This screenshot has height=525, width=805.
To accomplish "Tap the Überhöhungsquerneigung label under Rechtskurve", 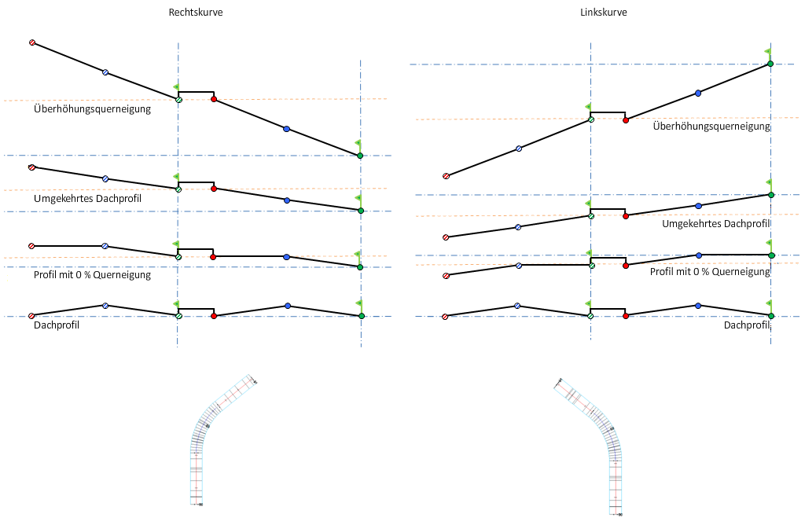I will [x=92, y=109].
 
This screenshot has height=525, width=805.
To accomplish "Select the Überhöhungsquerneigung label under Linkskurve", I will [x=711, y=127].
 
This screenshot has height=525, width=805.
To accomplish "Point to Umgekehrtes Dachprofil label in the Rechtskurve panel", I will [x=87, y=199].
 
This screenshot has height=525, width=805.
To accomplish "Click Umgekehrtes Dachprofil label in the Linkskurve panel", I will [x=716, y=224].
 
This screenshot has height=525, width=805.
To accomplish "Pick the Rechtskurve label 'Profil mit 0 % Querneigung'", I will [x=92, y=275].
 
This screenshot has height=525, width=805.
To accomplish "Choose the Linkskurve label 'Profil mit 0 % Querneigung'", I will [x=710, y=271].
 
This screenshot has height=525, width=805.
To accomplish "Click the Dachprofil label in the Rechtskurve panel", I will [x=57, y=324].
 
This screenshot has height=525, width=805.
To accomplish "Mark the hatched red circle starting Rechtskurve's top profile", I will [x=32, y=42].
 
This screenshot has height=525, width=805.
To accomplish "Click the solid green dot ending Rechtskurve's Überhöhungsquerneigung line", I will [x=360, y=156].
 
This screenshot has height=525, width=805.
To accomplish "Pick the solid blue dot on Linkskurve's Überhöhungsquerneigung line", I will [x=698, y=94].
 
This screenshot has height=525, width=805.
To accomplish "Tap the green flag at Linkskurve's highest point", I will [x=768, y=52].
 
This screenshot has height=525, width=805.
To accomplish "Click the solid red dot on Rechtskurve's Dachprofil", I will [x=214, y=316].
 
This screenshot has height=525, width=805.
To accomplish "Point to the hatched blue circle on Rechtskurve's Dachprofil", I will [x=105, y=306].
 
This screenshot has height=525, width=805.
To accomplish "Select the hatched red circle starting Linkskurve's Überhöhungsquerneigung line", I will [x=446, y=176].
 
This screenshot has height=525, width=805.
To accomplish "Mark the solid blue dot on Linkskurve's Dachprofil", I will [x=698, y=306].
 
